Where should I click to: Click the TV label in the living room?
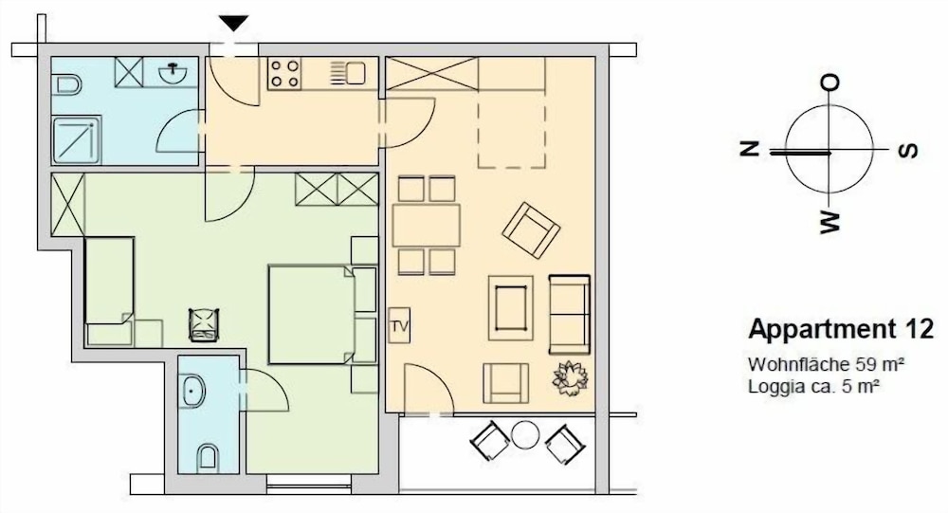399,326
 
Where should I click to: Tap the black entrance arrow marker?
234,23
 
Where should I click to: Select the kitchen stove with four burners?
284,73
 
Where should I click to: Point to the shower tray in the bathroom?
76,140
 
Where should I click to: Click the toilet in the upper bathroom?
67,84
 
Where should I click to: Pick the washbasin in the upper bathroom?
173,72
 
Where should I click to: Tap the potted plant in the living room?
570,378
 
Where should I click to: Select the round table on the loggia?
525,435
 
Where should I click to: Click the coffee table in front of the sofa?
511,308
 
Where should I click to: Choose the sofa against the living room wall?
569,314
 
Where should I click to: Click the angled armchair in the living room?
531,229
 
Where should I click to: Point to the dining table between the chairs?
427,225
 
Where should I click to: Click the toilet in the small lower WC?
208,457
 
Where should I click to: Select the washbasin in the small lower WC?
192,391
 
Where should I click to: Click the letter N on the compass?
750,148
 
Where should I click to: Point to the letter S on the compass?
907,150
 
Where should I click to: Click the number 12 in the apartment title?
919,329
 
